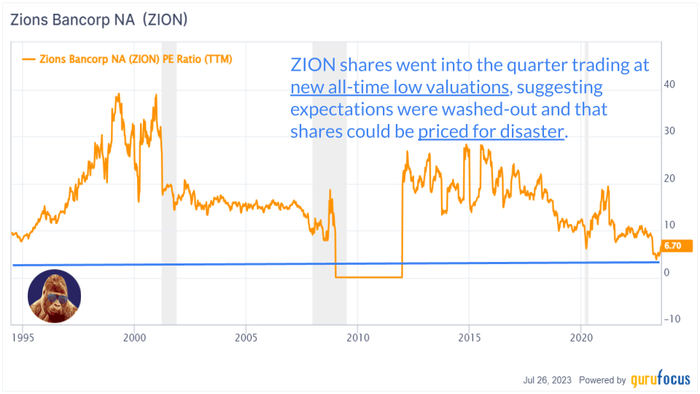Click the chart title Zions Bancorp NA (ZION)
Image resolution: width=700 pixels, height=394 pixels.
[x=98, y=20]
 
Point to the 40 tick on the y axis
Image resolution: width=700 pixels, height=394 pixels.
[x=669, y=84]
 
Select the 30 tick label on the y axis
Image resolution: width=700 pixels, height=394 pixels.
[x=669, y=131]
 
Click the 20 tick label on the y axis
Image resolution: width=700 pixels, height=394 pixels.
[x=669, y=179]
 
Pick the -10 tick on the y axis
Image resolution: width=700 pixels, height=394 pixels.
[x=671, y=319]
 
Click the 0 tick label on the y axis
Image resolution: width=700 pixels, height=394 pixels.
[x=666, y=272]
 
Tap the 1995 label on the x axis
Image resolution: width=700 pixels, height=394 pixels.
[x=23, y=338]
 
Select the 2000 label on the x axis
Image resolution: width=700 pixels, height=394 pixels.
[x=134, y=338]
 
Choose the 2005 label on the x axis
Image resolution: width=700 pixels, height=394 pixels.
[x=246, y=338]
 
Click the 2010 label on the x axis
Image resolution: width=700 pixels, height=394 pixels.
[x=357, y=338]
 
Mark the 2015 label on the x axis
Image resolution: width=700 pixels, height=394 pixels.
[x=469, y=338]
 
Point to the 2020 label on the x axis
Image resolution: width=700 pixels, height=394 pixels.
[x=580, y=338]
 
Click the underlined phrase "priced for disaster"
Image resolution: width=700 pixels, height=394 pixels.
[x=491, y=132]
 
